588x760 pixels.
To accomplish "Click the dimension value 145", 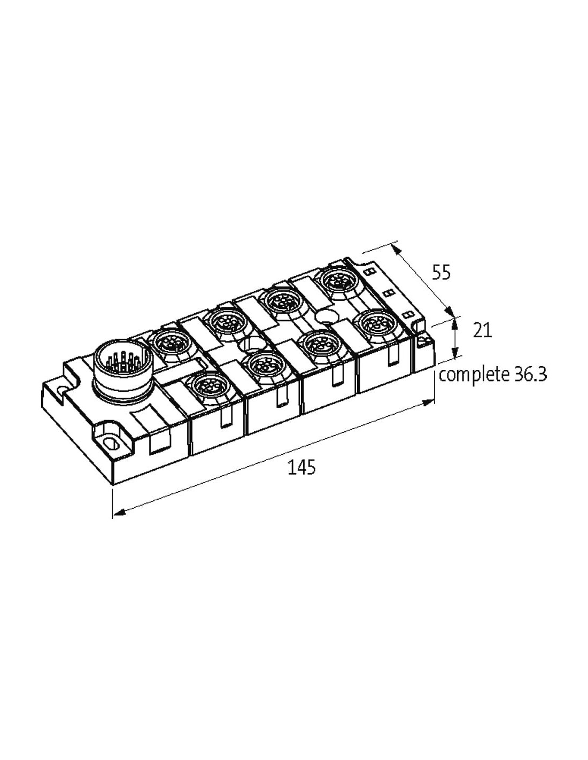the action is (301, 467).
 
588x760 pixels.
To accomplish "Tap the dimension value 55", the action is (441, 272).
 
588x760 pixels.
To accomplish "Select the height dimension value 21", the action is (482, 330).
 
